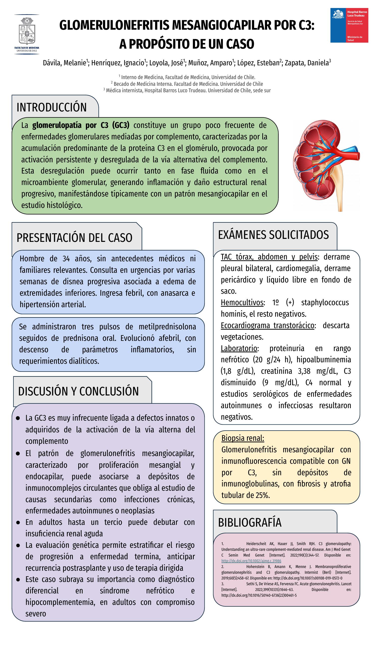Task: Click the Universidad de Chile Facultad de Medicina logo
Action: [27, 34]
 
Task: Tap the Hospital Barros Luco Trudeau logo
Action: [349, 25]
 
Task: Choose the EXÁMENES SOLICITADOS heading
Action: [273, 235]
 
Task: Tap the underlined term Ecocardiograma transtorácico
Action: [267, 326]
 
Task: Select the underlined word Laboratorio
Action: [239, 349]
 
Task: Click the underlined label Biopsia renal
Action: [243, 438]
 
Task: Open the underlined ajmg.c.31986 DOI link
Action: [251, 561]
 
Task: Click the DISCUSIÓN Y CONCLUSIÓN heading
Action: [79, 391]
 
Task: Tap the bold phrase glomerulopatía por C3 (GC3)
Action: [81, 125]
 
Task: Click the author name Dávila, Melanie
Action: [65, 63]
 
